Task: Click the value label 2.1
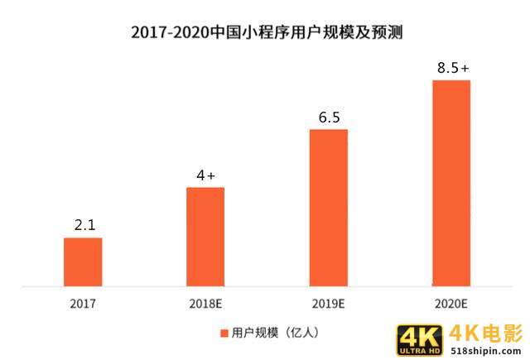(83, 224)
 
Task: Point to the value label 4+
(205, 175)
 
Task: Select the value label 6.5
(329, 117)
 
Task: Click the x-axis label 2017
(83, 303)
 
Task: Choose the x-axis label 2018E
(206, 303)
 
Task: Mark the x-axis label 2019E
(329, 303)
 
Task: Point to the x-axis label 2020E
(451, 303)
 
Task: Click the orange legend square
(224, 333)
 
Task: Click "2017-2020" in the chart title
(170, 33)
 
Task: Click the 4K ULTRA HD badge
(421, 340)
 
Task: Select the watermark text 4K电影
(486, 333)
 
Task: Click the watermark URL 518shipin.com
(486, 351)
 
